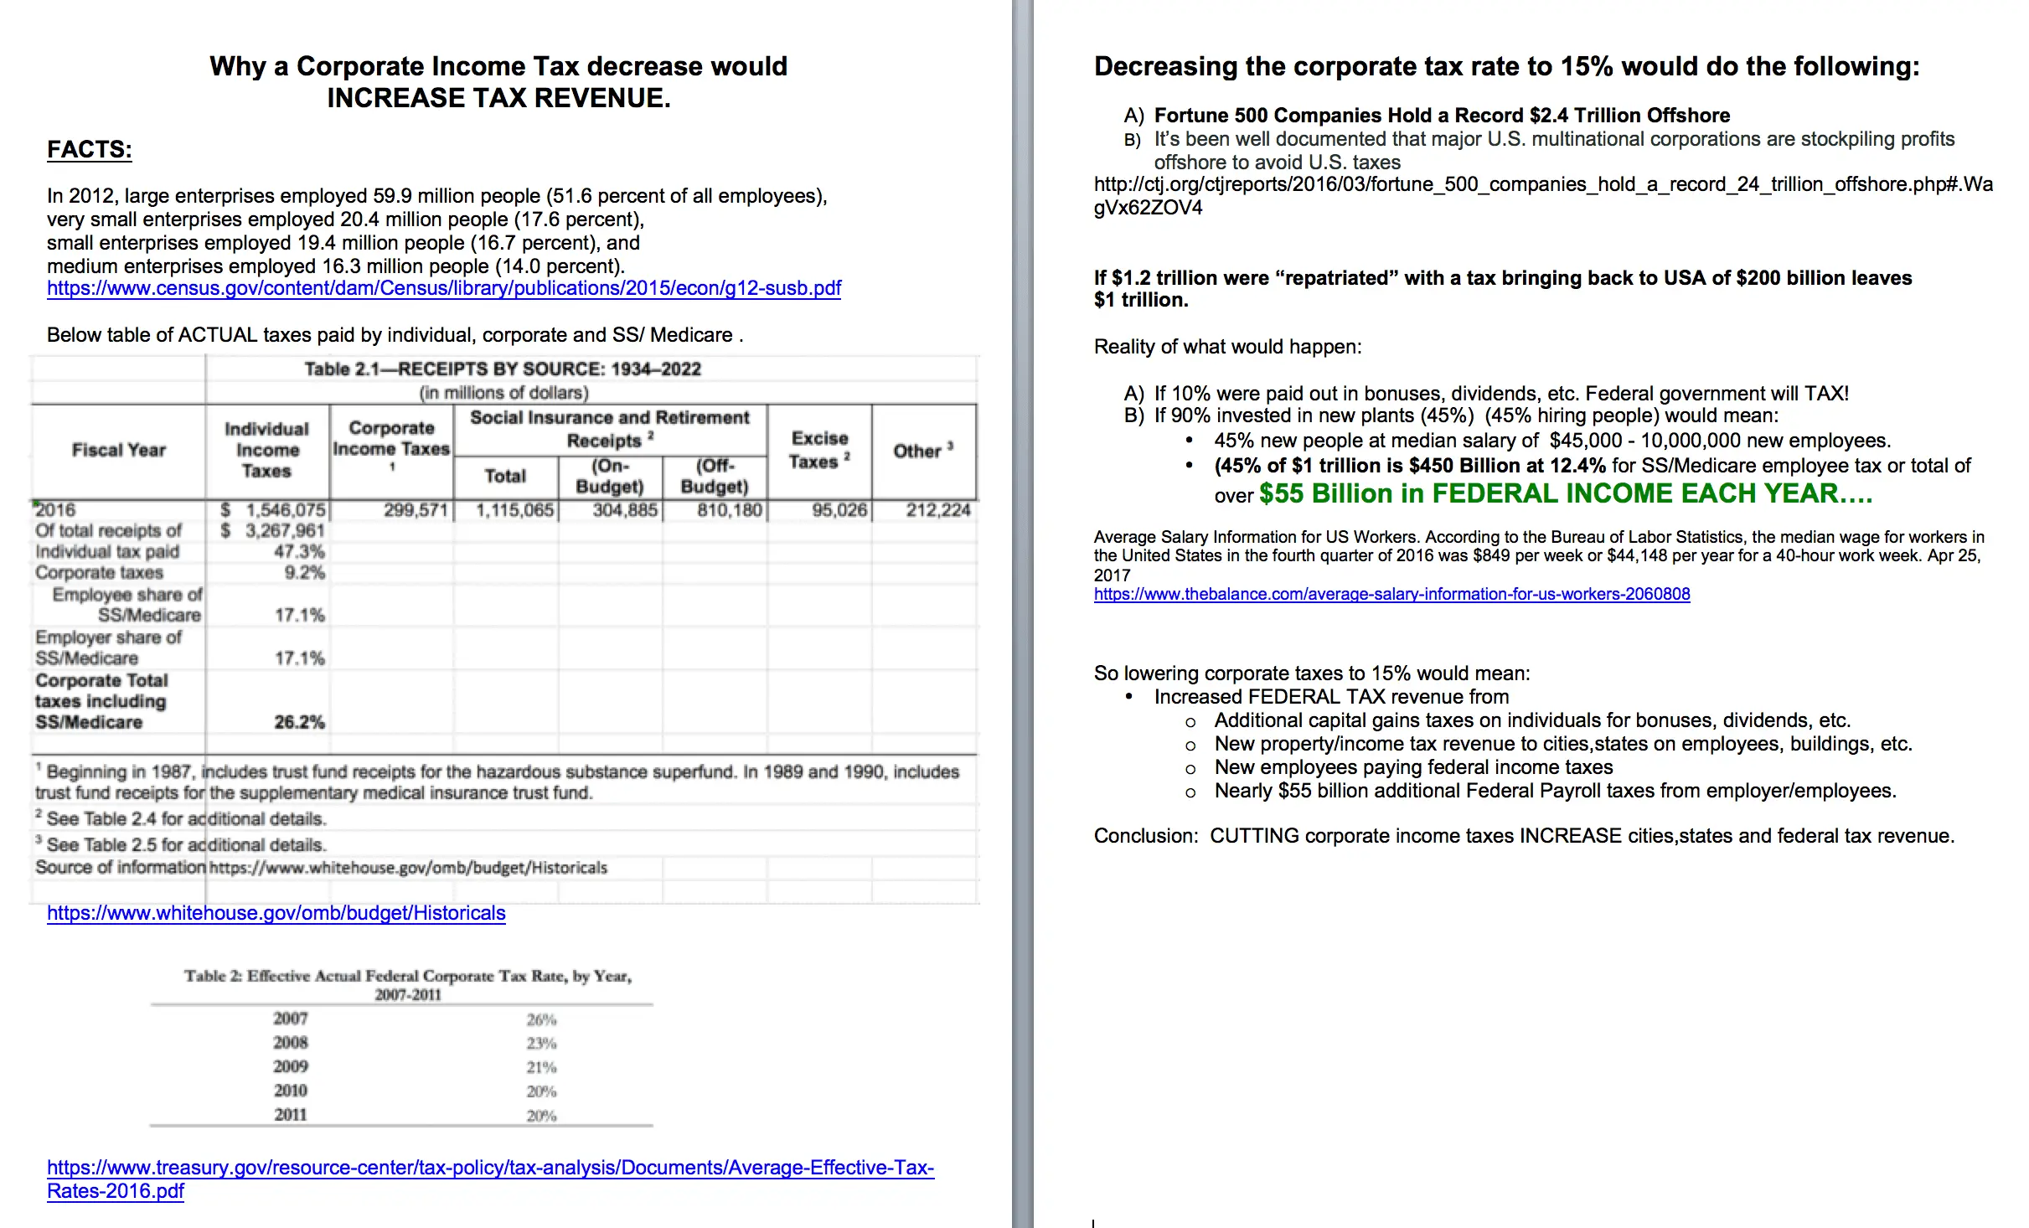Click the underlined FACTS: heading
90,149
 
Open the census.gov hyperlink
443,288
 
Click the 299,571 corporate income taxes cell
416,510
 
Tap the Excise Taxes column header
819,450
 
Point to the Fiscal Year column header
119,450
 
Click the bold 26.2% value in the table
299,722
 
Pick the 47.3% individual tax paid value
299,552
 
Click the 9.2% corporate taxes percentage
304,573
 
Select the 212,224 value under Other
937,510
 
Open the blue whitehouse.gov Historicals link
276,913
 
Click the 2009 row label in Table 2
291,1066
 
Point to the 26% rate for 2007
541,1019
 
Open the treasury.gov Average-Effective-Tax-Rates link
490,1169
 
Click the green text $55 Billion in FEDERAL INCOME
1565,493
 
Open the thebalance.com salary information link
1391,595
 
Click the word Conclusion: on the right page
1145,836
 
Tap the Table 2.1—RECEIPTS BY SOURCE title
503,369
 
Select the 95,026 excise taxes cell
839,510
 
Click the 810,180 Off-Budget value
729,510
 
